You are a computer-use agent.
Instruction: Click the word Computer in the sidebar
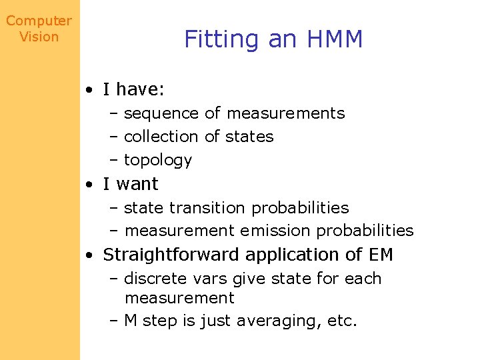pyautogui.click(x=39, y=21)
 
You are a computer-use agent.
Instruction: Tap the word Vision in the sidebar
pyautogui.click(x=39, y=37)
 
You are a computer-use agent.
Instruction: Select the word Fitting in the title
pyautogui.click(x=222, y=40)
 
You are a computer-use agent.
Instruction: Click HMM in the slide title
pyautogui.click(x=335, y=39)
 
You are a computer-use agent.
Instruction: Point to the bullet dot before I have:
pyautogui.click(x=89, y=89)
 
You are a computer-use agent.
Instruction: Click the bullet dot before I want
pyautogui.click(x=89, y=184)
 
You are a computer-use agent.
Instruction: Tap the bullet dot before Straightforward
pyautogui.click(x=89, y=255)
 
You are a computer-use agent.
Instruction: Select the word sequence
pyautogui.click(x=161, y=114)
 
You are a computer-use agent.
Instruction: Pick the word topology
pyautogui.click(x=158, y=161)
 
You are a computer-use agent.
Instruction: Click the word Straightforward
pyautogui.click(x=172, y=255)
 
